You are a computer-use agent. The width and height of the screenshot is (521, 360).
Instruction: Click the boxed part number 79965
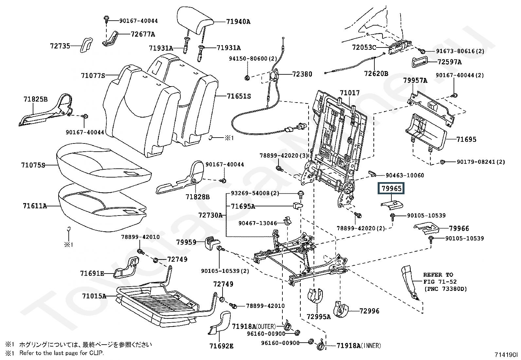tap(391, 189)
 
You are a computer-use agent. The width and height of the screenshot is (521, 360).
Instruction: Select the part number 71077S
tap(93, 76)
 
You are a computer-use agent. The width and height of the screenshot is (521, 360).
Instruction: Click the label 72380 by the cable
tap(302, 74)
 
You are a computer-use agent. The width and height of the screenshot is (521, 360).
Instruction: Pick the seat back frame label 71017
tap(349, 93)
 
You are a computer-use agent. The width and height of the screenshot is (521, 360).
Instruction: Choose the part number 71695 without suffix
tap(466, 140)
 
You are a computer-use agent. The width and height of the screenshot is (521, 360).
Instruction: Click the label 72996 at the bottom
tap(369, 311)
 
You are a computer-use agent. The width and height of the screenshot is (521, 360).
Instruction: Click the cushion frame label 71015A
tap(94, 296)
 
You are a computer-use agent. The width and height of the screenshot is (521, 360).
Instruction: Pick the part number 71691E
tap(92, 273)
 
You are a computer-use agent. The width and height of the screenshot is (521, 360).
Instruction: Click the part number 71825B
tap(35, 99)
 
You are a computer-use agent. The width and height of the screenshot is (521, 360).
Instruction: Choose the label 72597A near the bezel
tap(449, 62)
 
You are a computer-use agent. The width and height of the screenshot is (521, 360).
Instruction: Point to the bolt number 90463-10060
tap(404, 175)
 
